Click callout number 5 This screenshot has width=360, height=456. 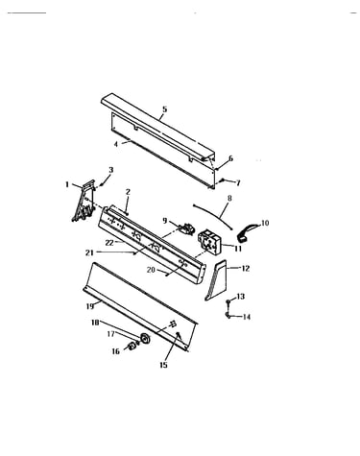point(164,109)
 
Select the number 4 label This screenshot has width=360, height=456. point(116,144)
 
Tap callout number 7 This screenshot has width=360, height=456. point(238,183)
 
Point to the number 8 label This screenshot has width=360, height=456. point(229,199)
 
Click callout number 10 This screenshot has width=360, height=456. point(265,223)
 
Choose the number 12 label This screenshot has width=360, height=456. point(245,269)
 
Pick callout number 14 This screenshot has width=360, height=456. point(246,317)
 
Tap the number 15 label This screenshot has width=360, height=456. point(163,365)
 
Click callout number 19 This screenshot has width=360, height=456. point(90,306)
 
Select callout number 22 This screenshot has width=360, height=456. point(109,243)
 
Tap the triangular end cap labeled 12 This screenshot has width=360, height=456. point(216,280)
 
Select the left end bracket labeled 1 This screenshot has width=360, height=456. point(84,201)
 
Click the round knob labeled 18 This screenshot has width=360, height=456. point(146,338)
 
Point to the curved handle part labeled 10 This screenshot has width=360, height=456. point(248,231)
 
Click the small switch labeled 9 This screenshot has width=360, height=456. point(186,228)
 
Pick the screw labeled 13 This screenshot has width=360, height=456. point(228,301)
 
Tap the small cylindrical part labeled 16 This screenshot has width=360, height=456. point(132,346)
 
